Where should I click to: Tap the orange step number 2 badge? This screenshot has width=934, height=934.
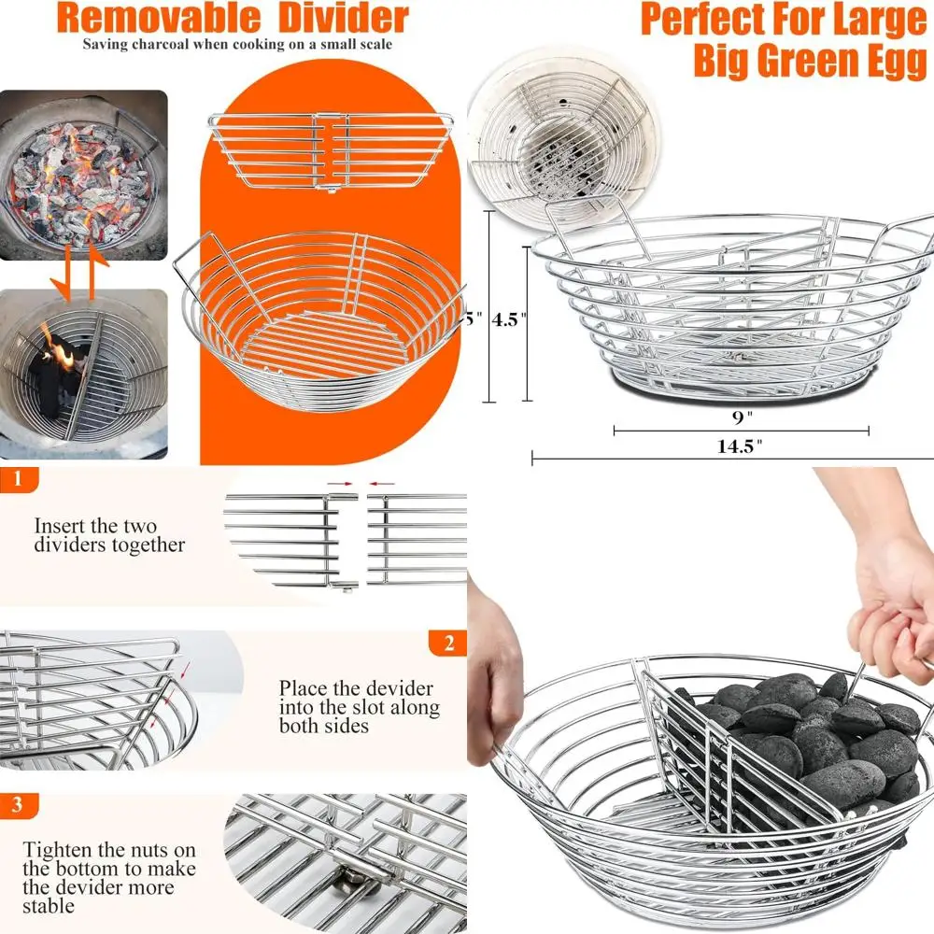pos(448,643)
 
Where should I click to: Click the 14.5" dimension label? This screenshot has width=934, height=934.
pos(740,446)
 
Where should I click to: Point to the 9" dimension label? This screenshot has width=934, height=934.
pos(741,417)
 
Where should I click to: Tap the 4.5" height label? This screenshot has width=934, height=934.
pos(510,318)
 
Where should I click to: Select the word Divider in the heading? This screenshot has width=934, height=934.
pos(343,19)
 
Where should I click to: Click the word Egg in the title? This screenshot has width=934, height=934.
pos(887,60)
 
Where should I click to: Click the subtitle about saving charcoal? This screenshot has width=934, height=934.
pos(236,44)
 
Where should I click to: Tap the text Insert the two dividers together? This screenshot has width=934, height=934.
pos(109,535)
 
